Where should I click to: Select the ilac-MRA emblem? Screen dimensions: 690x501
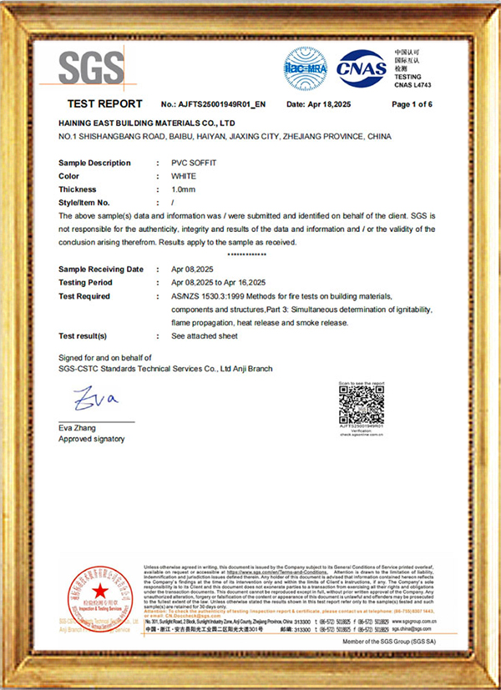point(306,66)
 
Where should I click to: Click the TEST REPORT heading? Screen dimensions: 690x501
point(104,104)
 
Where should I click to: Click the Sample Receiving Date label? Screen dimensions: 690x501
point(101,269)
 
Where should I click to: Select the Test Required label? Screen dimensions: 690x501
point(84,296)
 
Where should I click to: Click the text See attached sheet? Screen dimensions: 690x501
point(205,336)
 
